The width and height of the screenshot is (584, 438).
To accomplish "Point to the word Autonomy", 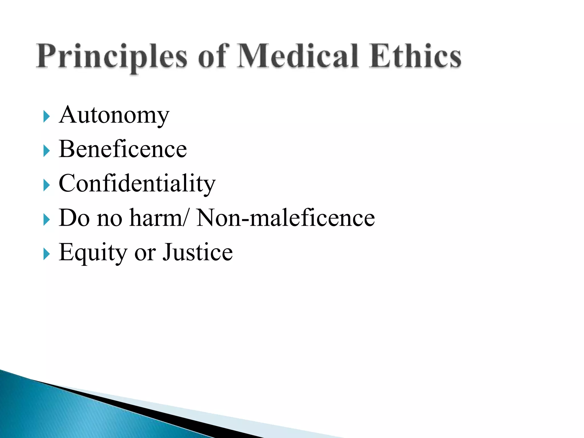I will (x=114, y=115).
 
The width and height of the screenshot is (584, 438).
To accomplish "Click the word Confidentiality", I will (x=137, y=184).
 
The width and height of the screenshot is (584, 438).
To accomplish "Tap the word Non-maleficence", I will (x=285, y=218).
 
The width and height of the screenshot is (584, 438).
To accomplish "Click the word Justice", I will (x=198, y=252).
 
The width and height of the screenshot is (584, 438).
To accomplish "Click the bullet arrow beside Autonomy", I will (x=46, y=116).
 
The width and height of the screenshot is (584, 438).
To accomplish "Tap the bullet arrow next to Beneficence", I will (x=46, y=151).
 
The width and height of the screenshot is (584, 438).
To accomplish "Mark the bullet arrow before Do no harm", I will (x=46, y=220).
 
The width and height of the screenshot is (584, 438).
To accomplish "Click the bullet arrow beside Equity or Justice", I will (x=46, y=254).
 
